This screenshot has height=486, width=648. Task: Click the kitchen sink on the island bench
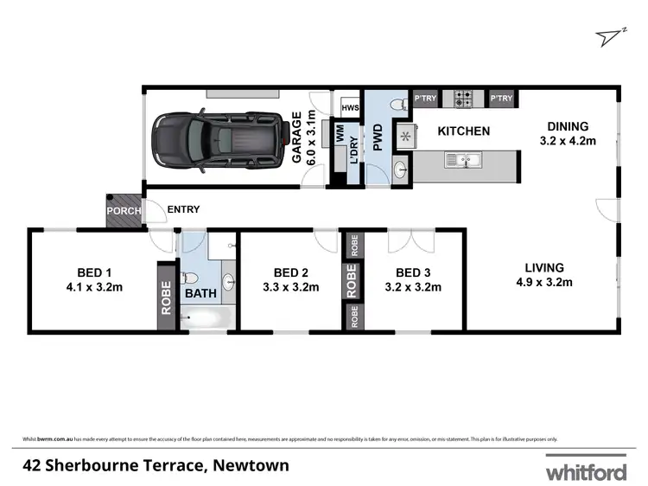467,160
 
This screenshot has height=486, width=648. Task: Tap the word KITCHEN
463,131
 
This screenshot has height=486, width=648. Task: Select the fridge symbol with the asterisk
403,137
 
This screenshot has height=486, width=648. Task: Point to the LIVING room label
543,268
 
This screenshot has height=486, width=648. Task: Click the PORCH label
123,210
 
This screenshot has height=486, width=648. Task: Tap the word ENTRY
182,209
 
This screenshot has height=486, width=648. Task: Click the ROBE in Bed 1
166,297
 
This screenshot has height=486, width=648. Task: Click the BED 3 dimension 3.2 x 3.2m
413,287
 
